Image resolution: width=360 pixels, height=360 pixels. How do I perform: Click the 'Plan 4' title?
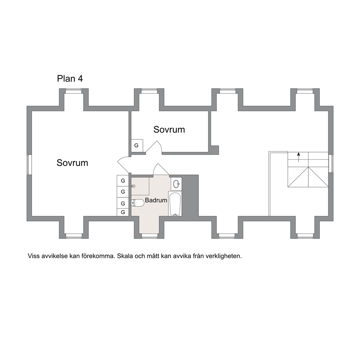[x=70, y=78]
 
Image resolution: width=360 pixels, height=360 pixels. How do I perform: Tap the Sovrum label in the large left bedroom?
[x=72, y=163]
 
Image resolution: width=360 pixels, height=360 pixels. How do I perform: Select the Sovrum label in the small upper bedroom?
[x=169, y=130]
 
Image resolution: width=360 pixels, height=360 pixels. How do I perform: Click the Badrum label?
[x=156, y=200]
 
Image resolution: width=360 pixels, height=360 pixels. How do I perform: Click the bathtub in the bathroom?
[x=175, y=204]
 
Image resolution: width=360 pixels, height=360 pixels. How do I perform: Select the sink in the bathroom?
[x=176, y=183]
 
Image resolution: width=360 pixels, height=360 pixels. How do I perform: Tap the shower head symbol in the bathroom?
[x=133, y=186]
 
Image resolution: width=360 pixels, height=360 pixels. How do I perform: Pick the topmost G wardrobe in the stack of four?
[x=123, y=181]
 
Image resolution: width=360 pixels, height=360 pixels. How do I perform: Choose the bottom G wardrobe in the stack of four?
[x=123, y=212]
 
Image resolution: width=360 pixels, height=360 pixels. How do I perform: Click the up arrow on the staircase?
[x=298, y=157]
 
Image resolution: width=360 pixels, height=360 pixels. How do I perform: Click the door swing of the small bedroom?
[x=154, y=147]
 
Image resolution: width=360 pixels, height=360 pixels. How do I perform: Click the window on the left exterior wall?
[x=28, y=165]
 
